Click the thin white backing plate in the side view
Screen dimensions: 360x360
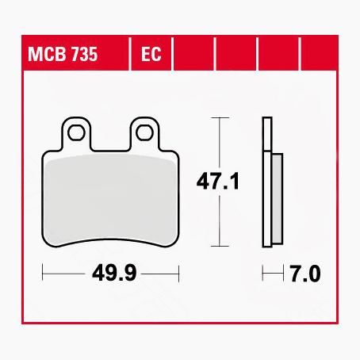tap(267, 182)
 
